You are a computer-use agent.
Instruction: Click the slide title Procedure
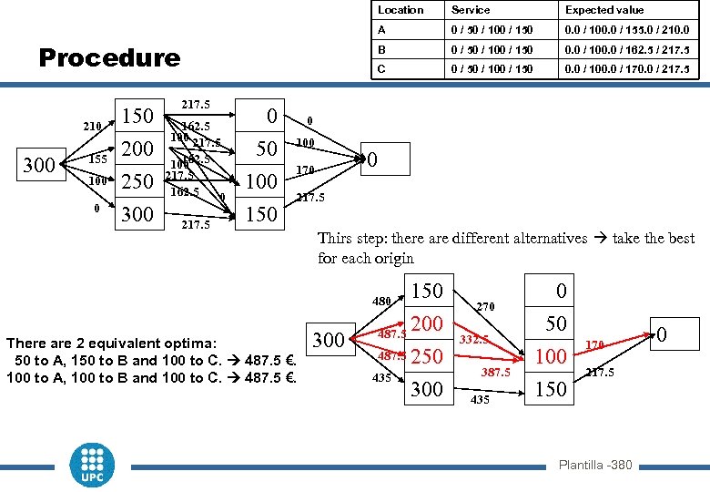(109, 58)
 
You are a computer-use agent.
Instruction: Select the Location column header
(401, 10)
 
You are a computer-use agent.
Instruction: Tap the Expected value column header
(603, 10)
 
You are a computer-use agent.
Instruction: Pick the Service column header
(471, 10)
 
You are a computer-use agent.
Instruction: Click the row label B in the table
(382, 48)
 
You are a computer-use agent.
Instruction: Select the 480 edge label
(381, 301)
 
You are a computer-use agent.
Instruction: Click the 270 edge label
(485, 307)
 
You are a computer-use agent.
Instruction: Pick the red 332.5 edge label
(474, 339)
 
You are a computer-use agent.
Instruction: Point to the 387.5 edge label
(495, 373)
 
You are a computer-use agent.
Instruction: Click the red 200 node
(427, 323)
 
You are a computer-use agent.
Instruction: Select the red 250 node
(427, 356)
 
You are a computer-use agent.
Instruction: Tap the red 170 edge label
(593, 344)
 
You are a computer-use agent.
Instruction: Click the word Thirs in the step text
(335, 239)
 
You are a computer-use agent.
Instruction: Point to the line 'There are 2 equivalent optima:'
(111, 343)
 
